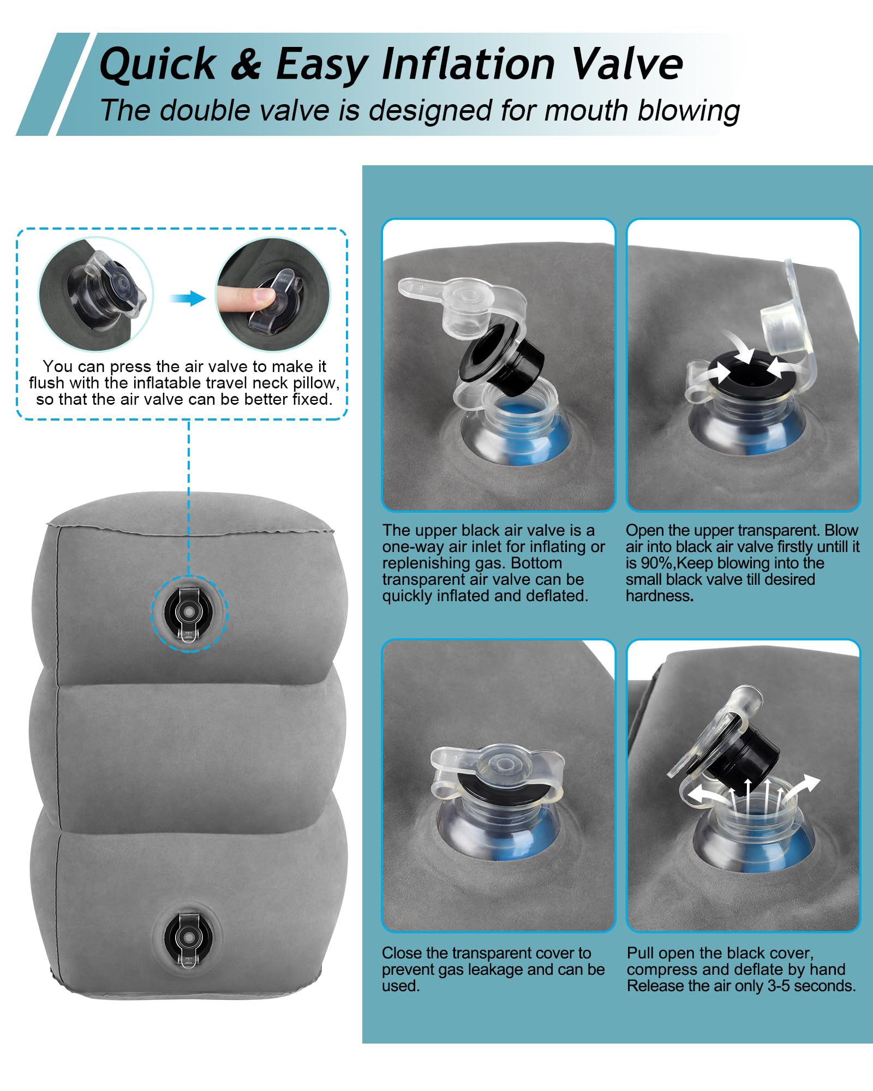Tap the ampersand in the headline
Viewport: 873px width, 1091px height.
tap(246, 64)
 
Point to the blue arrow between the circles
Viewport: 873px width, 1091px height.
tap(187, 298)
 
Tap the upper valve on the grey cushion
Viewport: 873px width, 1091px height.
tap(188, 614)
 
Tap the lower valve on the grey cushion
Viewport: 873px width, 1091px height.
tap(188, 939)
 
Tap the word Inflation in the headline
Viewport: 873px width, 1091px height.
tap(469, 64)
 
